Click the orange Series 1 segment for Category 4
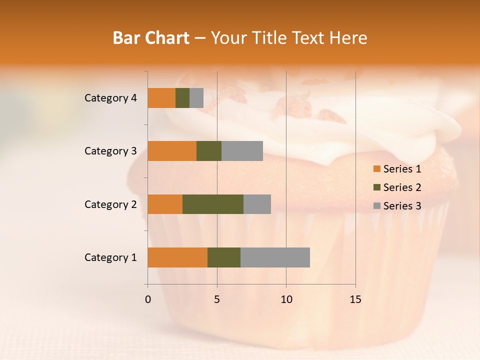(x=161, y=98)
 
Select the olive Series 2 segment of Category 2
(x=213, y=204)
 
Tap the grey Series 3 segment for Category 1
(x=275, y=257)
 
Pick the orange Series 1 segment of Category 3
(x=172, y=151)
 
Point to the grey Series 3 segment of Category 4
(x=196, y=98)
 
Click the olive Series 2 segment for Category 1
(x=224, y=257)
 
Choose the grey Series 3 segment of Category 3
(x=242, y=151)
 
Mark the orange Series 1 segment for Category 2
(x=165, y=204)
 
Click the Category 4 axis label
(x=110, y=98)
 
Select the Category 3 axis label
(x=110, y=151)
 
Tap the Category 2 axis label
(x=110, y=204)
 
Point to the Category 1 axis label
(x=110, y=257)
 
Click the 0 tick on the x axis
(x=148, y=299)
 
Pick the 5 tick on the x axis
(x=217, y=299)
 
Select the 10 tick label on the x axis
(x=286, y=299)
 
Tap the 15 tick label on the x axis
(x=355, y=299)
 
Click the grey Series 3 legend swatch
(x=377, y=206)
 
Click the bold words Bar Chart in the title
(x=151, y=38)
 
